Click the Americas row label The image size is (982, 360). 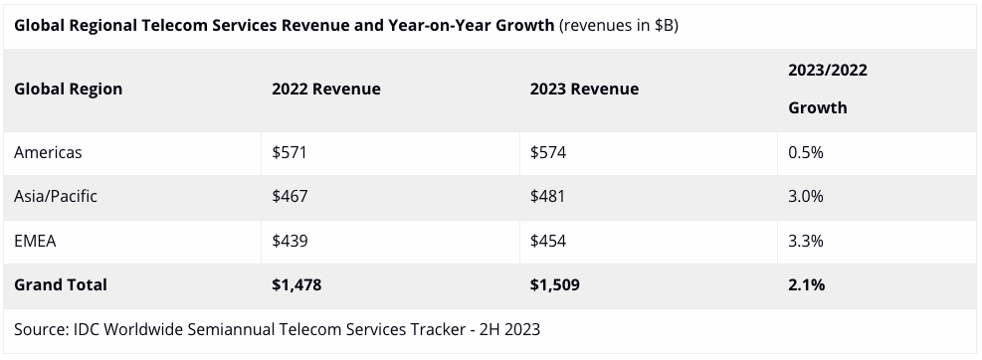pyautogui.click(x=48, y=153)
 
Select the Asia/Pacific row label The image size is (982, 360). pyautogui.click(x=56, y=197)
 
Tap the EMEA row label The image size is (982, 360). pyautogui.click(x=35, y=241)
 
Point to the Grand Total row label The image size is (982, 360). pyautogui.click(x=61, y=284)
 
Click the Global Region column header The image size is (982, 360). pyautogui.click(x=69, y=89)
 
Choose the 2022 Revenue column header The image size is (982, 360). pyautogui.click(x=326, y=89)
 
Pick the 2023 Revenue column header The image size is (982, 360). pyautogui.click(x=584, y=89)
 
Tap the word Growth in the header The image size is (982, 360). pyautogui.click(x=817, y=107)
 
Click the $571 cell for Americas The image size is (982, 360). pyautogui.click(x=290, y=153)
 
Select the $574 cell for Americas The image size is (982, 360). pyautogui.click(x=548, y=153)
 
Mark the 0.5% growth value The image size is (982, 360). pyautogui.click(x=805, y=153)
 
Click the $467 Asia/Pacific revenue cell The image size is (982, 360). pyautogui.click(x=290, y=197)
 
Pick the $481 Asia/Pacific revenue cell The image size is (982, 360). pyautogui.click(x=547, y=197)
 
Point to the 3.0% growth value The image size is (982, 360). pyautogui.click(x=805, y=197)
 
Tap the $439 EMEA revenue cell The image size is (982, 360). pyautogui.click(x=290, y=241)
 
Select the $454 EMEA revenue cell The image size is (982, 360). pyautogui.click(x=548, y=241)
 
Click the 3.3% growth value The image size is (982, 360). pyautogui.click(x=805, y=241)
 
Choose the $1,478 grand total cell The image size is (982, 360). pyautogui.click(x=296, y=284)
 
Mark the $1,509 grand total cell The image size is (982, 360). pyautogui.click(x=555, y=284)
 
